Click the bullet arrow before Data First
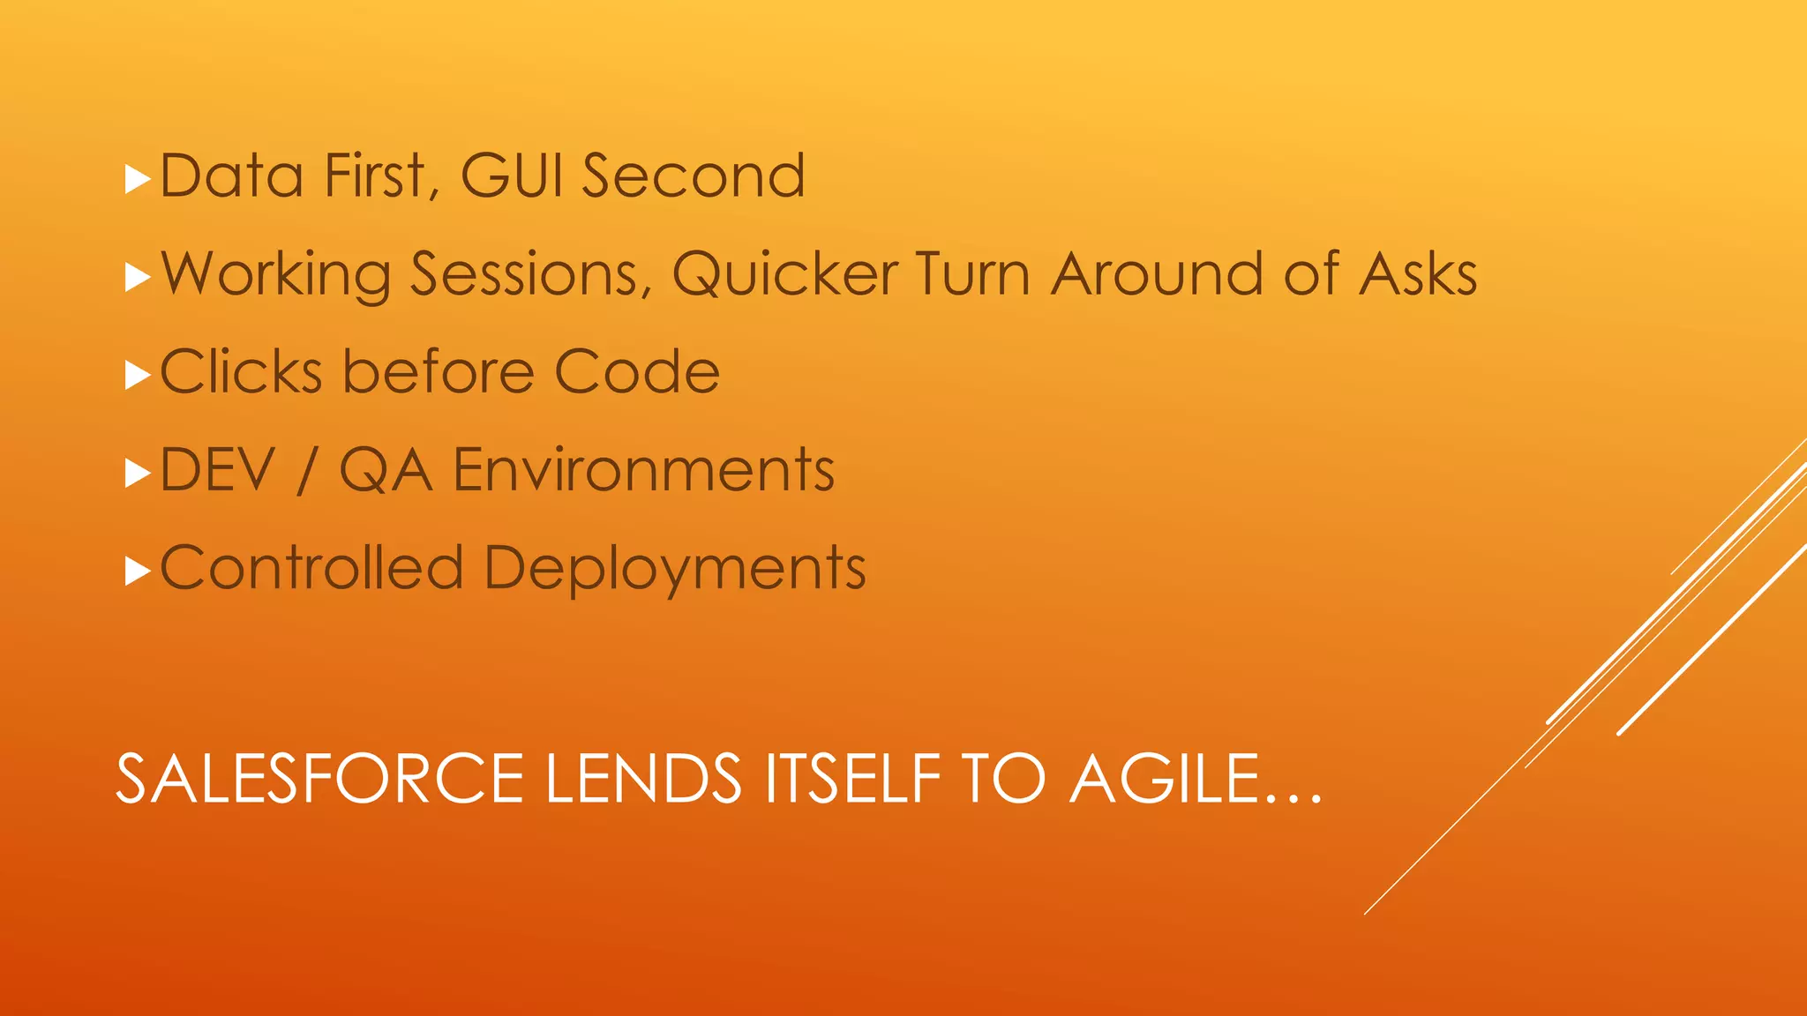point(139,180)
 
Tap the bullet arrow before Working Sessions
point(139,278)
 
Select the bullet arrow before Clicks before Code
point(139,376)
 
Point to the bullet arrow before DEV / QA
point(139,474)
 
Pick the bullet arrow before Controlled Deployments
point(139,571)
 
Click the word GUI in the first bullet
point(511,176)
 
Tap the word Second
point(694,176)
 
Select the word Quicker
point(785,274)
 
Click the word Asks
point(1418,274)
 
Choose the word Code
point(637,371)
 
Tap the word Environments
point(643,470)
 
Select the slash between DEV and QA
point(306,470)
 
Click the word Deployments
point(675,569)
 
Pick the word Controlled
point(311,567)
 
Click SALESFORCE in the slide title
point(320,779)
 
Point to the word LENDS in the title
point(643,779)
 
